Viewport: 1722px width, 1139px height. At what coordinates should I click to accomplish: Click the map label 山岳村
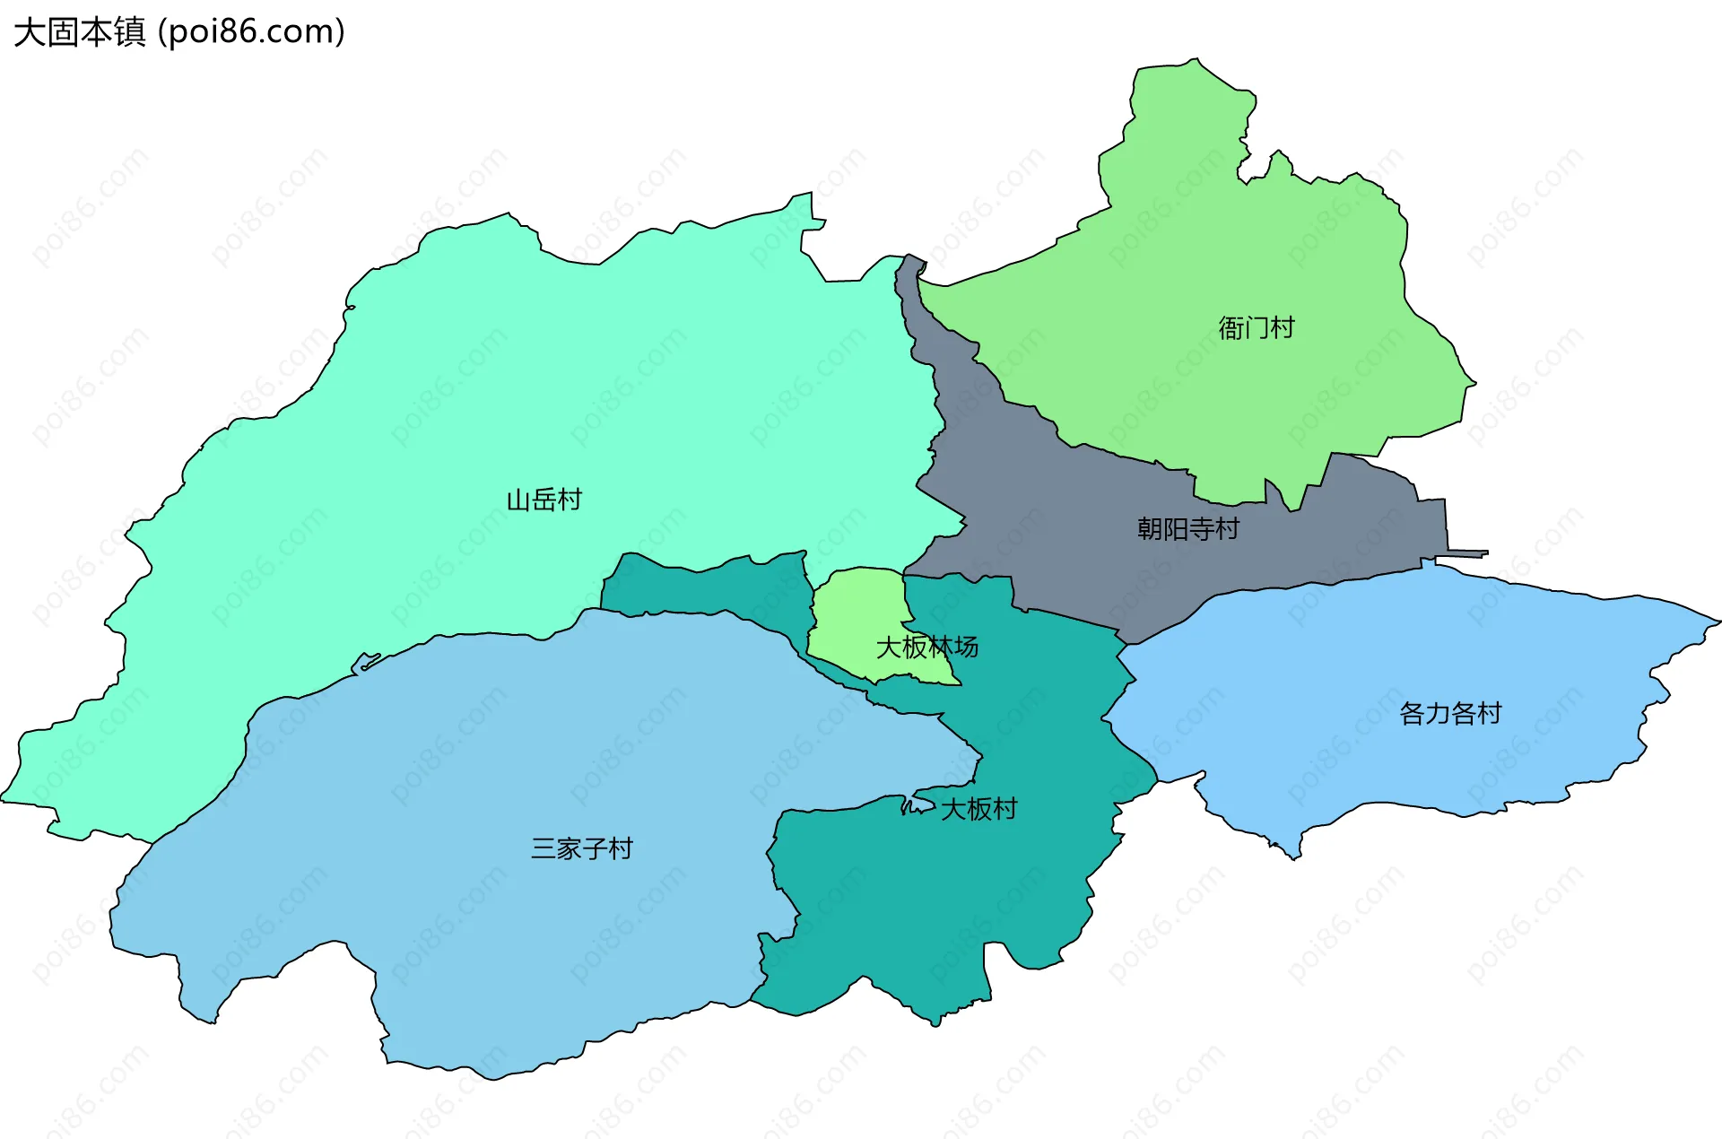[x=544, y=500]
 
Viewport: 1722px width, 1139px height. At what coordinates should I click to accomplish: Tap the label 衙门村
[x=1256, y=328]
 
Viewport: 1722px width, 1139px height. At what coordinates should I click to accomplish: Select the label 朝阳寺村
[x=1187, y=529]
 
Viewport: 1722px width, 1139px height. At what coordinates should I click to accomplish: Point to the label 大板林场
[x=926, y=647]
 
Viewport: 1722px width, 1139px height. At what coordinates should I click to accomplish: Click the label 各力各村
[x=1450, y=714]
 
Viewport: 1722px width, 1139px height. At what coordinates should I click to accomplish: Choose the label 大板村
[x=978, y=809]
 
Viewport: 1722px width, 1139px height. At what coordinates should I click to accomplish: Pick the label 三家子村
[x=581, y=848]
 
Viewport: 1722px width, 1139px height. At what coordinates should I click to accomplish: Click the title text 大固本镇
[x=80, y=32]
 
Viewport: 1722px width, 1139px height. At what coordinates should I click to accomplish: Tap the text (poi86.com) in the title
[x=251, y=32]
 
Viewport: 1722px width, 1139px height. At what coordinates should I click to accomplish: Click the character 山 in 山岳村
[x=518, y=500]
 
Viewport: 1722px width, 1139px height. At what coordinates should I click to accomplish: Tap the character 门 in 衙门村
[x=1256, y=328]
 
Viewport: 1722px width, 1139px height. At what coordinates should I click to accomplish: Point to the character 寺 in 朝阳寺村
[x=1201, y=529]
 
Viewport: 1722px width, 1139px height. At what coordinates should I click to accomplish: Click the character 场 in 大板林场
[x=966, y=647]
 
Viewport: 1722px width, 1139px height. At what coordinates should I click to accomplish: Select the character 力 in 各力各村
[x=1438, y=714]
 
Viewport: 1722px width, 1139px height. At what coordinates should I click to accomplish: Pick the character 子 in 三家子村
[x=595, y=848]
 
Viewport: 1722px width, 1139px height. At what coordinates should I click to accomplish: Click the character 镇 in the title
[x=130, y=32]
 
